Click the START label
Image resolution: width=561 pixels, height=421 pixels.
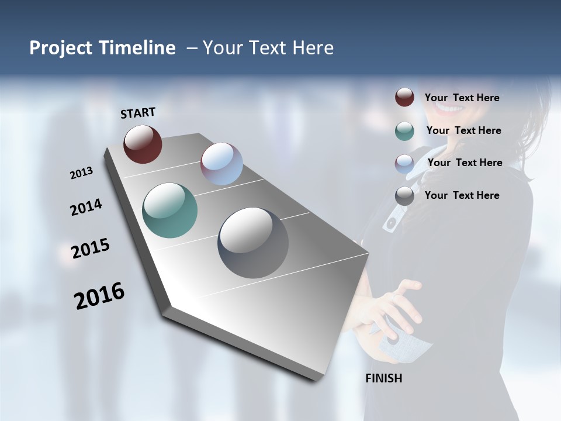(x=138, y=113)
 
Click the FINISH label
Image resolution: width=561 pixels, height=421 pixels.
(x=384, y=378)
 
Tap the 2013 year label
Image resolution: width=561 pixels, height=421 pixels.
(x=81, y=173)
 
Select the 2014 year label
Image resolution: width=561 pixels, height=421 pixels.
(x=86, y=208)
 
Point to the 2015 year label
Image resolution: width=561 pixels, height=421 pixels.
(x=91, y=249)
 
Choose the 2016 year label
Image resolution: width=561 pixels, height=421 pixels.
(x=99, y=295)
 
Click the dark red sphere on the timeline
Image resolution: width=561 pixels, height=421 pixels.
(x=143, y=144)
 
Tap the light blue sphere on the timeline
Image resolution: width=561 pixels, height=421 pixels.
(x=221, y=164)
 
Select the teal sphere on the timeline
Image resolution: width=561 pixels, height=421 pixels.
(x=169, y=210)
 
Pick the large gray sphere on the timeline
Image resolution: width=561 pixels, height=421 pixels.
(x=253, y=243)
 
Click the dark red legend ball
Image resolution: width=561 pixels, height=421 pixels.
(x=404, y=97)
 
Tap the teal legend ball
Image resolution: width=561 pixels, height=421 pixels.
(x=404, y=131)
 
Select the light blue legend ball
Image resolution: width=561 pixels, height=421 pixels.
(x=404, y=164)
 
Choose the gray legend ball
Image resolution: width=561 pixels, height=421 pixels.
(x=404, y=196)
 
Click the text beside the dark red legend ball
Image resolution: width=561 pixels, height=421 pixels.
(x=462, y=98)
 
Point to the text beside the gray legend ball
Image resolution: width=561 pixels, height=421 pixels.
(x=462, y=195)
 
